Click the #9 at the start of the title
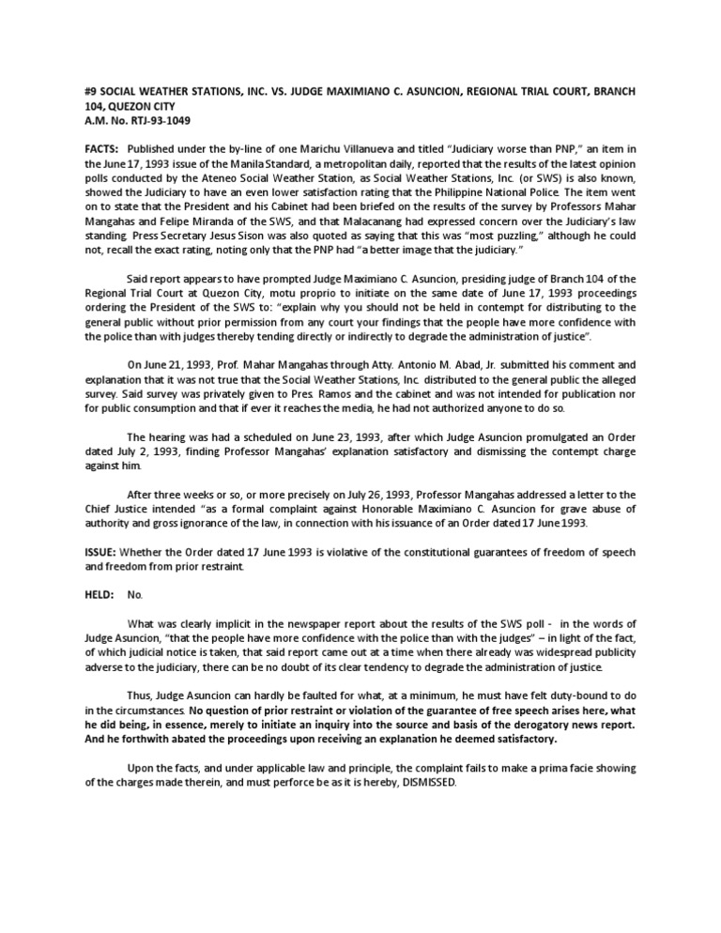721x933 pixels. click(x=91, y=91)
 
